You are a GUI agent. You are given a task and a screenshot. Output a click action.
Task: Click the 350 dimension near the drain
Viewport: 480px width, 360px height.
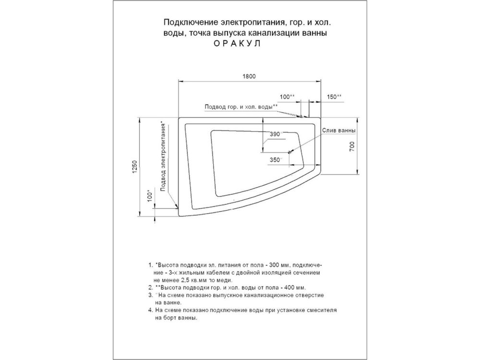click(x=276, y=160)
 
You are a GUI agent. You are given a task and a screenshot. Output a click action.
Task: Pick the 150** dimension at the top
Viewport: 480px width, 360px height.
click(x=335, y=97)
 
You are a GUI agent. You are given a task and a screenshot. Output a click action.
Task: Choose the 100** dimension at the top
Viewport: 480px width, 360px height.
click(x=288, y=97)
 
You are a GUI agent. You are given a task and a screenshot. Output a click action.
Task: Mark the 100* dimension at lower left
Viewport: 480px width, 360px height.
click(x=149, y=196)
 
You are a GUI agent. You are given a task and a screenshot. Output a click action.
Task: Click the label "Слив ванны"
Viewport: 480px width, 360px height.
click(x=339, y=131)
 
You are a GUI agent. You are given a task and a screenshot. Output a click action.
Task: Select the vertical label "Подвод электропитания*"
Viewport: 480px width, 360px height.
click(x=164, y=156)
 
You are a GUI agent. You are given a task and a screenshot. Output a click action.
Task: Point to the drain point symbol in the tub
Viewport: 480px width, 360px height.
click(x=289, y=152)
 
